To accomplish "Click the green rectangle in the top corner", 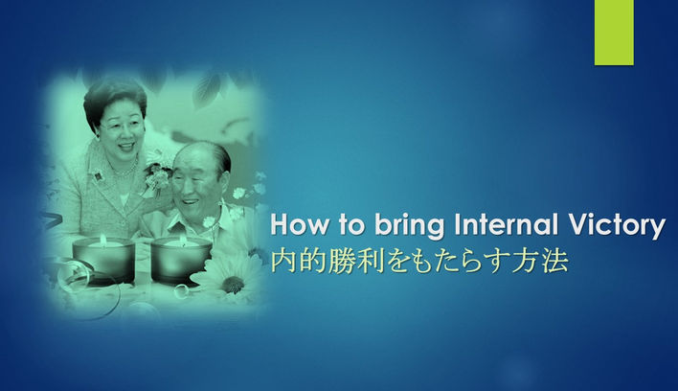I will click(614, 32).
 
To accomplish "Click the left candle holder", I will click(103, 260).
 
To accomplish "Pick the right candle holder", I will click(179, 259).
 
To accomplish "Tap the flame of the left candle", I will click(103, 238).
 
